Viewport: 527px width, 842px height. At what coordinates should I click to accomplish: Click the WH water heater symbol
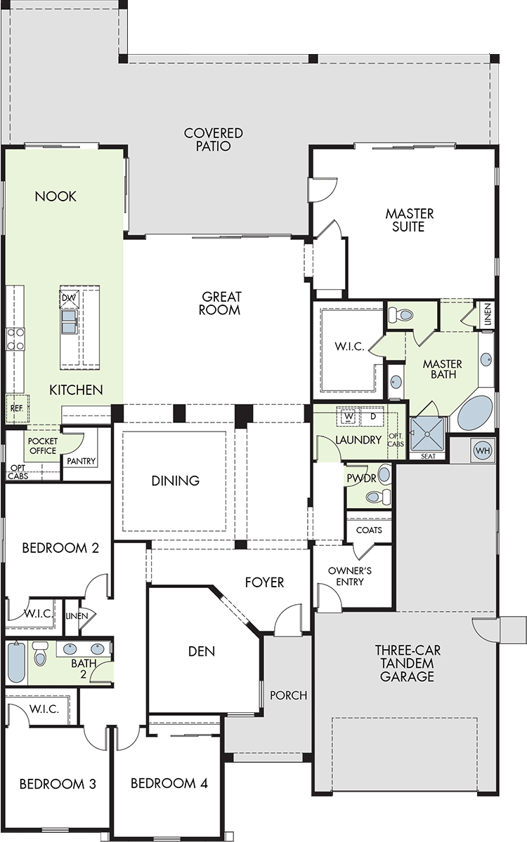pyautogui.click(x=483, y=450)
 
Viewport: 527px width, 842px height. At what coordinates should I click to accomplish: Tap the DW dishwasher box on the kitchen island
pyautogui.click(x=69, y=298)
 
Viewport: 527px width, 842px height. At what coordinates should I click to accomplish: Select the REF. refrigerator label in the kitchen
pyautogui.click(x=17, y=408)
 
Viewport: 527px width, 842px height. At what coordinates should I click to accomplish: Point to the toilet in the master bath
pyautogui.click(x=401, y=314)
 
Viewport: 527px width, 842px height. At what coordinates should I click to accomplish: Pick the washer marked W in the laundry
pyautogui.click(x=349, y=417)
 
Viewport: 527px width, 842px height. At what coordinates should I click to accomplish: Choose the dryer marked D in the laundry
pyautogui.click(x=373, y=416)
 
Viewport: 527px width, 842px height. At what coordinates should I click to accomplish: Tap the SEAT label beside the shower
pyautogui.click(x=428, y=456)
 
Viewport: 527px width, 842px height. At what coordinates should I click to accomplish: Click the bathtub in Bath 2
pyautogui.click(x=16, y=662)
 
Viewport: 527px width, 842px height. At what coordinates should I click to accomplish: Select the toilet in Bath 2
pyautogui.click(x=40, y=653)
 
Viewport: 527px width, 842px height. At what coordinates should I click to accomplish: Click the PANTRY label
pyautogui.click(x=81, y=461)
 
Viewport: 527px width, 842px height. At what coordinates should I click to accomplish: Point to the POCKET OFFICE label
pyautogui.click(x=43, y=446)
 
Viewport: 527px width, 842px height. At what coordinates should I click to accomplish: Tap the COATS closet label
pyautogui.click(x=369, y=530)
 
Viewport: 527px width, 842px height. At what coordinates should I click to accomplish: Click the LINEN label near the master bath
pyautogui.click(x=488, y=314)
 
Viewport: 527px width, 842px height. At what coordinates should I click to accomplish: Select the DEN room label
pyautogui.click(x=202, y=651)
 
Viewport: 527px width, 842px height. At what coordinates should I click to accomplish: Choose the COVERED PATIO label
pyautogui.click(x=214, y=140)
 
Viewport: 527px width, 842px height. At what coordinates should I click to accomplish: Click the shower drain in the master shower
pyautogui.click(x=427, y=434)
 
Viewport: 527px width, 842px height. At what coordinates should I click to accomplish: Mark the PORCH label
pyautogui.click(x=288, y=695)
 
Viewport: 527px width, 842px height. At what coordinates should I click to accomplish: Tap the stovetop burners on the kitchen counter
pyautogui.click(x=15, y=339)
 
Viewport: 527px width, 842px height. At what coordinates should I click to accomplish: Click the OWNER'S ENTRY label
pyautogui.click(x=350, y=576)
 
